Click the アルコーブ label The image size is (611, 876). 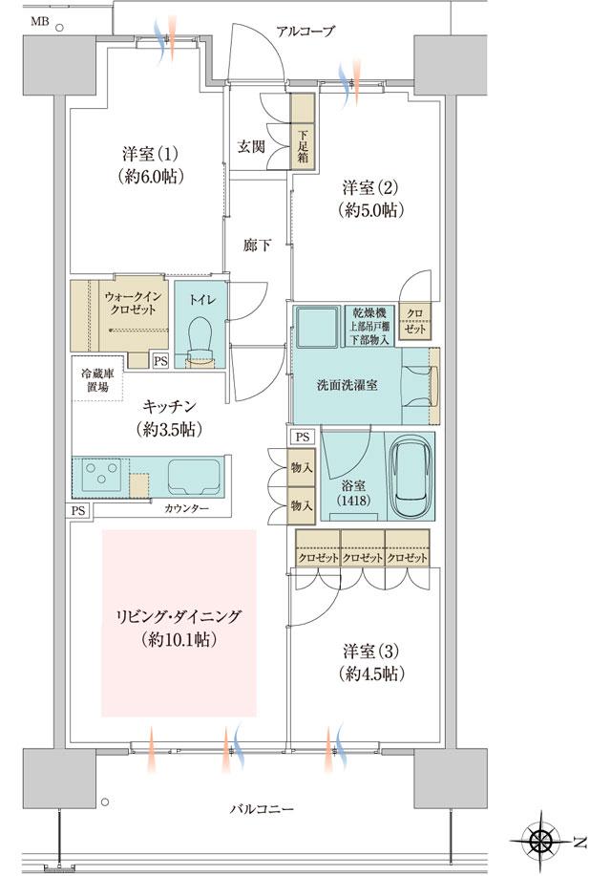[305, 32]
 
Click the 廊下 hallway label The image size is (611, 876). [256, 246]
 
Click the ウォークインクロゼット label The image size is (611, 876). [133, 305]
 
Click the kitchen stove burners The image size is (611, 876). [99, 473]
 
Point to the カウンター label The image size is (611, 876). [186, 508]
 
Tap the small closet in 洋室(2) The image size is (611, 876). [415, 320]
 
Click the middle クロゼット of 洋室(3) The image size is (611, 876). [362, 556]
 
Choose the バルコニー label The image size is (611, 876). [262, 809]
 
